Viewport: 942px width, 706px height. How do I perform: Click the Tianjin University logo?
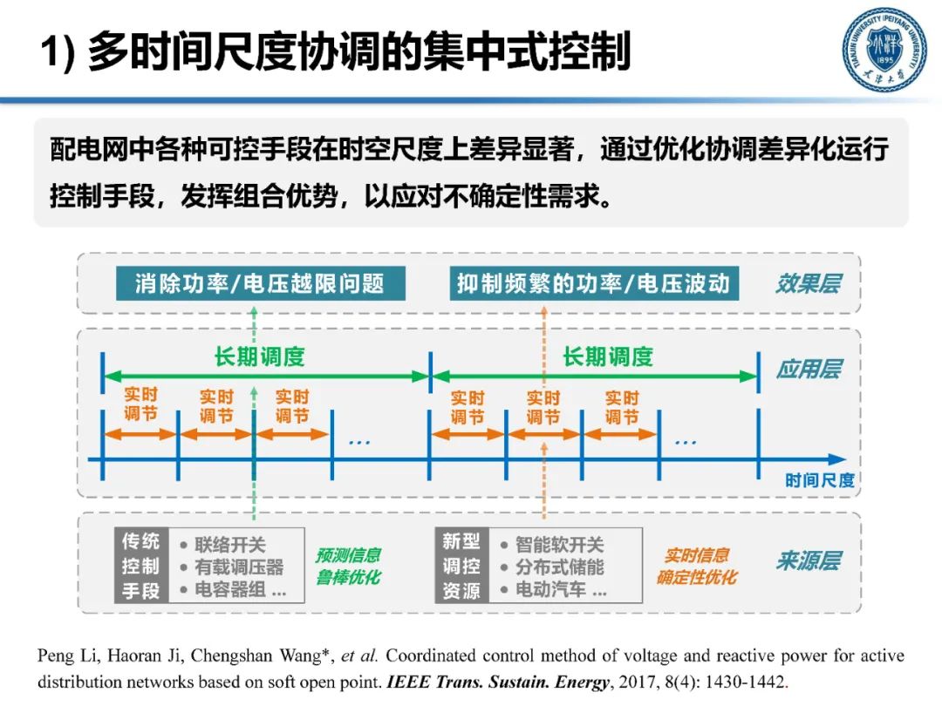884,51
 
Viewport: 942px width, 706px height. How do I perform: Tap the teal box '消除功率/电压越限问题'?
259,283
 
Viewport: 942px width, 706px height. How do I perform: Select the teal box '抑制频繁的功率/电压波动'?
593,283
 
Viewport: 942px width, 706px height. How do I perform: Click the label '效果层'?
808,283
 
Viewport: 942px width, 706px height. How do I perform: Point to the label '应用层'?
808,369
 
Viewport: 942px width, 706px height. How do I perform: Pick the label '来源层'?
808,560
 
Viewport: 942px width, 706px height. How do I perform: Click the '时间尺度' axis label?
819,480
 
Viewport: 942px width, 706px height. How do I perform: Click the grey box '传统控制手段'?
140,565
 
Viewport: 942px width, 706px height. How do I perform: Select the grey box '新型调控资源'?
461,565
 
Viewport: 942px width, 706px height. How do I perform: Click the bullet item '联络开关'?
229,545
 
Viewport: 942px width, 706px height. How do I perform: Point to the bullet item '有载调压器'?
238,567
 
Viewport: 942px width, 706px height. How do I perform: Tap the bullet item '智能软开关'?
558,545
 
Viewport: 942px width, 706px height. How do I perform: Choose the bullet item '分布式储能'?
558,567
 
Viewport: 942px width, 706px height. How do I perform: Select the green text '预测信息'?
348,555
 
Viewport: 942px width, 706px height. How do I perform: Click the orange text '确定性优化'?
697,577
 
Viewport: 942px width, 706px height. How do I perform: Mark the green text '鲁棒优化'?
348,577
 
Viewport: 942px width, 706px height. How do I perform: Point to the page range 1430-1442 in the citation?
742,682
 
